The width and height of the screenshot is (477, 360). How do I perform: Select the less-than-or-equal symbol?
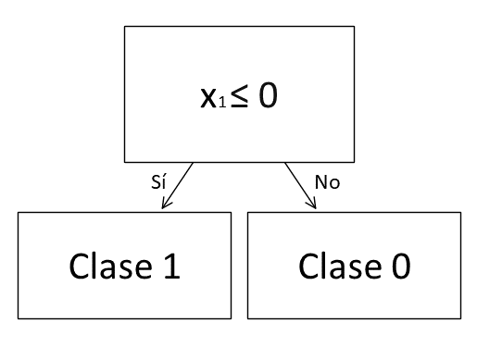[x=242, y=96]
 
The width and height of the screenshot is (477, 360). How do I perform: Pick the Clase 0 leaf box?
[x=354, y=267]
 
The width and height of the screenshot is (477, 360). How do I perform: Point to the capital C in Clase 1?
[x=79, y=267]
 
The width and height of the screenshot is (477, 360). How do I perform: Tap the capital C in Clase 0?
[x=308, y=267]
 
